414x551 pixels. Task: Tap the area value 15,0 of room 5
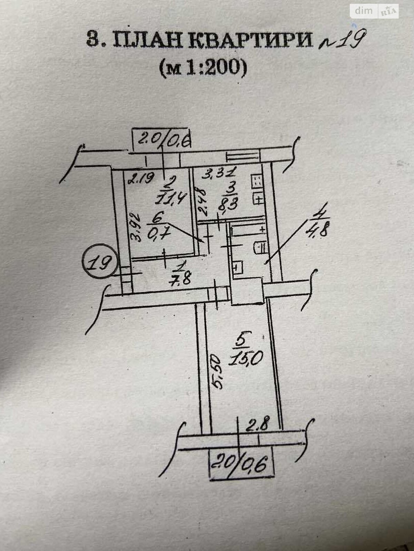click(x=246, y=360)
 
